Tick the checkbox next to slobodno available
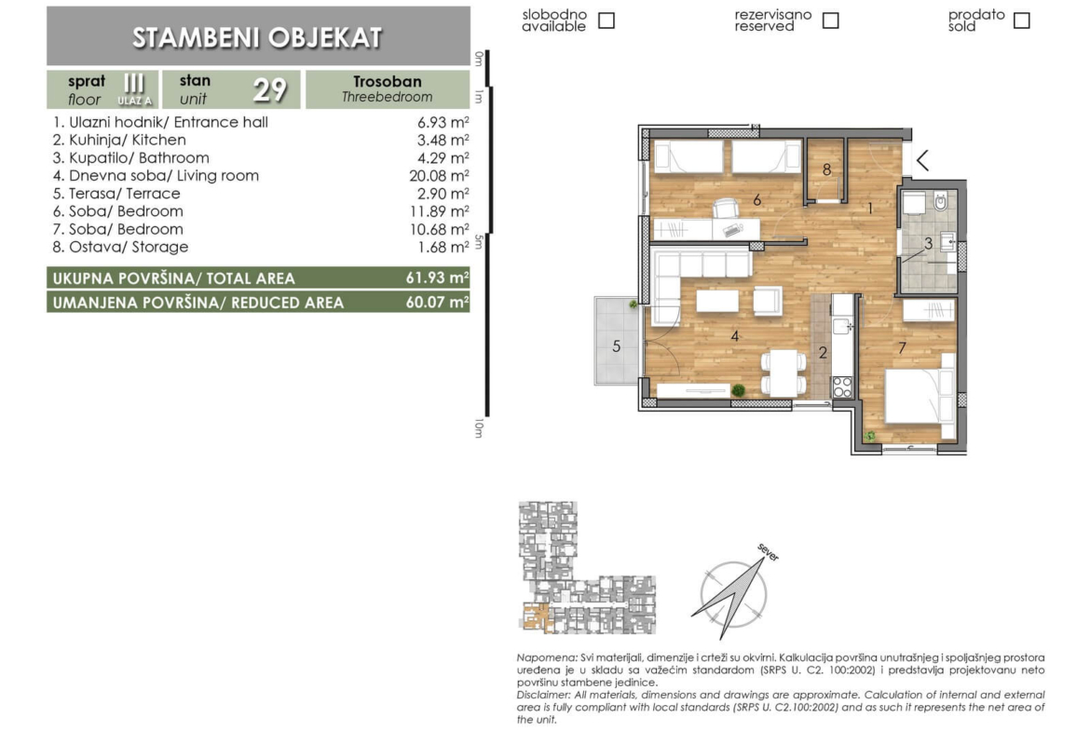[x=606, y=20]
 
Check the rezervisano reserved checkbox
[x=830, y=20]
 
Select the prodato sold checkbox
[x=1021, y=20]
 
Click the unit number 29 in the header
[x=270, y=89]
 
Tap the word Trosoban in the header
[x=388, y=81]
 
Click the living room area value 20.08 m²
[x=439, y=176]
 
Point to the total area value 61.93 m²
[x=437, y=278]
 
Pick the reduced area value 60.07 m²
[x=437, y=302]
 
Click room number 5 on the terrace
[x=616, y=346]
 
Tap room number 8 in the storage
[x=826, y=169]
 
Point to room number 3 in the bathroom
[x=928, y=244]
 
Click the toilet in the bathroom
[x=941, y=201]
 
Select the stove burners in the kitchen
[x=842, y=387]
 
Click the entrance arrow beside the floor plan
[x=922, y=160]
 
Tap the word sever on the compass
[x=769, y=552]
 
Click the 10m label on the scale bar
[x=478, y=428]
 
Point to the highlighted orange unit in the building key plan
[x=536, y=617]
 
